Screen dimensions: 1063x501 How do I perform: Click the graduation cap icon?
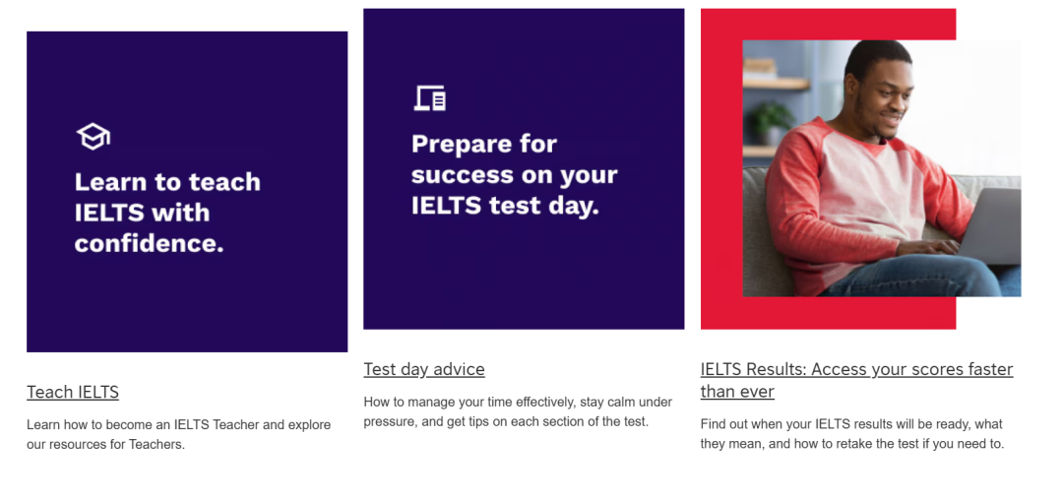[93, 136]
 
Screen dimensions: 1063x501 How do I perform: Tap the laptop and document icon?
[430, 98]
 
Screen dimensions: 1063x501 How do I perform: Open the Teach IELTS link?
[73, 392]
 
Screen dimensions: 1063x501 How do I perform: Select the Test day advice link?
[423, 369]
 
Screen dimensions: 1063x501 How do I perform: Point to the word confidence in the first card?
[150, 243]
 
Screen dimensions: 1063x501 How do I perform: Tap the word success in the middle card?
[461, 175]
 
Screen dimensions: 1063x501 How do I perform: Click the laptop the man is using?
[989, 227]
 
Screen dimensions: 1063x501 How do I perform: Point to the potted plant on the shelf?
[771, 122]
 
